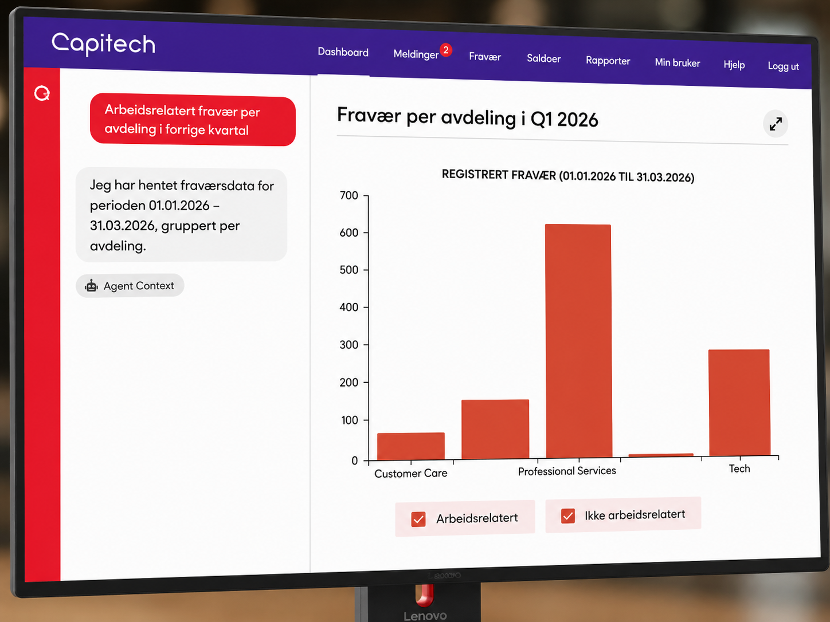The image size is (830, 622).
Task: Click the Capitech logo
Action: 103,45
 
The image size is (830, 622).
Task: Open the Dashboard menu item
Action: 343,52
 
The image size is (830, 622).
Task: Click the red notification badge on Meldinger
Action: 446,50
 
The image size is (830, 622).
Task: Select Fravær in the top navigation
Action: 485,57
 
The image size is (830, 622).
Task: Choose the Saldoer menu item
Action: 544,58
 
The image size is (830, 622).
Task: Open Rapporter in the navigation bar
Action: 608,61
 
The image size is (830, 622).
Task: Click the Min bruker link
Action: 677,62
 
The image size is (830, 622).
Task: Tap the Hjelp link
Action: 734,65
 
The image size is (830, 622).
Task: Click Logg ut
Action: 783,66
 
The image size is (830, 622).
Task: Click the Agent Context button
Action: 130,286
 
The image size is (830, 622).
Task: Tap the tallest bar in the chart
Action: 578,341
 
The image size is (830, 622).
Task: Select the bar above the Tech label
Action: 739,403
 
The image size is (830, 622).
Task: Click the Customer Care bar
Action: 411,446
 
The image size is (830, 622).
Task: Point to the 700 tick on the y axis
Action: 366,196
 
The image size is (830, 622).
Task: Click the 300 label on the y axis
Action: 349,345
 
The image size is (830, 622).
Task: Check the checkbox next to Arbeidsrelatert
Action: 418,519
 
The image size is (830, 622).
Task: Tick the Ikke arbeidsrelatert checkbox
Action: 568,516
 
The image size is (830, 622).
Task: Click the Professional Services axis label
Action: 567,471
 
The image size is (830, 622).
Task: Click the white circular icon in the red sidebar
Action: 42,93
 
